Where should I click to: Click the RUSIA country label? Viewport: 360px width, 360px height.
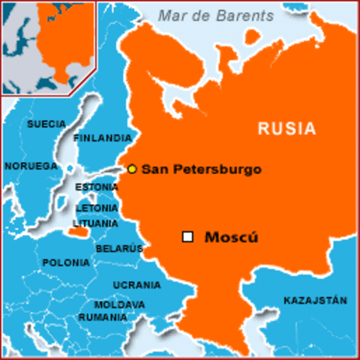[x=287, y=128]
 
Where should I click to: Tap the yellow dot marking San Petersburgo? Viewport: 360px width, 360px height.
[x=132, y=169]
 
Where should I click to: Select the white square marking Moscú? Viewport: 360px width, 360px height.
[x=187, y=237]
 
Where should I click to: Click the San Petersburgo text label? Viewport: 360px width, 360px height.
[x=201, y=169]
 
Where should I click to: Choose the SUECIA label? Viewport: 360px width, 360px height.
[x=46, y=124]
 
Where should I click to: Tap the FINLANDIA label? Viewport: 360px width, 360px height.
[x=103, y=139]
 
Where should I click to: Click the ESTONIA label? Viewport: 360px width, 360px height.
[x=97, y=187]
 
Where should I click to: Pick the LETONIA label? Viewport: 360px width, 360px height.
[x=97, y=208]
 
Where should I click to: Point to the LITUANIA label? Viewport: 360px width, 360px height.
[x=95, y=223]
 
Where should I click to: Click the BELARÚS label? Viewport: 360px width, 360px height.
[x=119, y=249]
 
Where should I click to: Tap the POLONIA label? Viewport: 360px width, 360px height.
[x=66, y=263]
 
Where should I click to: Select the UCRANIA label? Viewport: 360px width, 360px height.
[x=136, y=285]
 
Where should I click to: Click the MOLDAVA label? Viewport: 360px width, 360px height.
[x=120, y=305]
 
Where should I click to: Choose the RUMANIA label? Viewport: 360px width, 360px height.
[x=102, y=317]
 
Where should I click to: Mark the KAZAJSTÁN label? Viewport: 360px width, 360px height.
[x=315, y=300]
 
